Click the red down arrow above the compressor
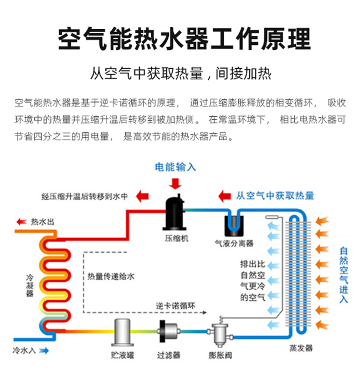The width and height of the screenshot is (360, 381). tap(176, 183)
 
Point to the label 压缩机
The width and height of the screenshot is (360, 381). tap(176, 239)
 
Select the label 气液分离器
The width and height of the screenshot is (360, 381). tap(234, 243)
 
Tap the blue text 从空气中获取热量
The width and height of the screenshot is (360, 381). tap(275, 195)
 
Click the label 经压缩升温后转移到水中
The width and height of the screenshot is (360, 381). tap(85, 196)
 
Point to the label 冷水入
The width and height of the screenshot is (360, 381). tap(24, 351)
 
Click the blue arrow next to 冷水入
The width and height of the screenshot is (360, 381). tap(44, 351)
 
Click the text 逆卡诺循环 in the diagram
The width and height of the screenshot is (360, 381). tap(176, 305)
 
